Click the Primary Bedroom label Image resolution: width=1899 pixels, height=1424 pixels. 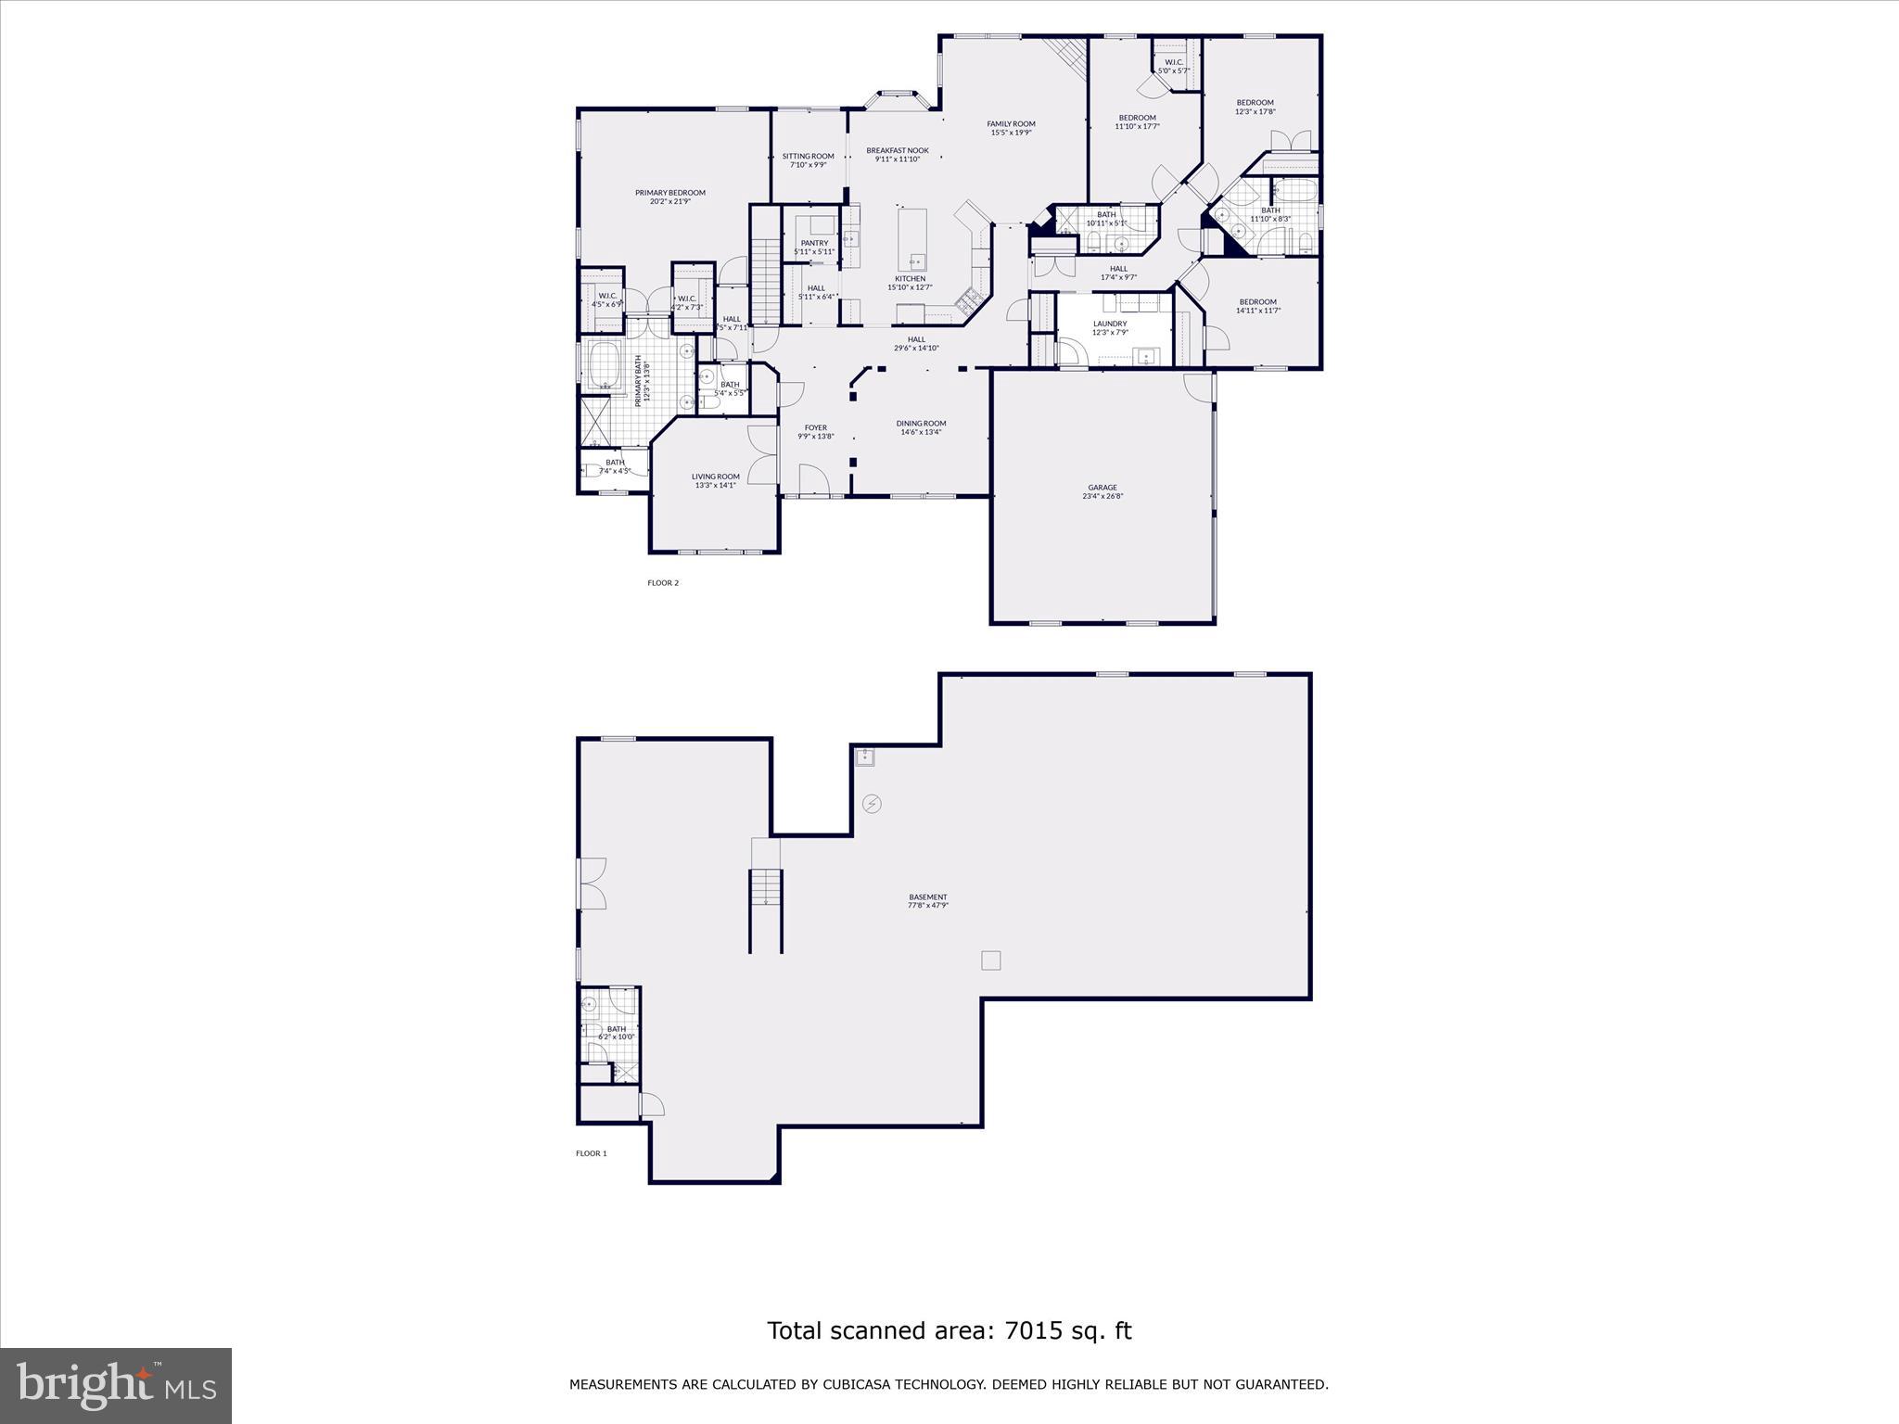(669, 193)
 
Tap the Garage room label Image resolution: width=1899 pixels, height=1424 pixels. (1102, 488)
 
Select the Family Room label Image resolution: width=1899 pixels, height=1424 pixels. (1011, 124)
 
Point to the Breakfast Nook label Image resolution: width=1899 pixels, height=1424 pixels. (897, 150)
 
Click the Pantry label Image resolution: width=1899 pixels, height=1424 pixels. (814, 244)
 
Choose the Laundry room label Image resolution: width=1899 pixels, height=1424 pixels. (1110, 324)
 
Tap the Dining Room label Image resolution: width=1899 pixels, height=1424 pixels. (921, 424)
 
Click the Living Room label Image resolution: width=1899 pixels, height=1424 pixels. (715, 477)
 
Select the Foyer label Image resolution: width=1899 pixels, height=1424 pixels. (815, 428)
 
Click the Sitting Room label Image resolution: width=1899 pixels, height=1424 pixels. (808, 157)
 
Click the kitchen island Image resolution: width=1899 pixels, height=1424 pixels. (911, 239)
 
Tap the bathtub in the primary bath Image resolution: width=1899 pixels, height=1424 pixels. (605, 365)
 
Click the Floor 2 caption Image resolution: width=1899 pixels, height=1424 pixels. (663, 583)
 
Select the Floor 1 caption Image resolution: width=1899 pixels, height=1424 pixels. (591, 1153)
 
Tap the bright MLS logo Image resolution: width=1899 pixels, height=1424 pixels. (116, 1385)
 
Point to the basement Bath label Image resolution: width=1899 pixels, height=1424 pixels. (616, 1029)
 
